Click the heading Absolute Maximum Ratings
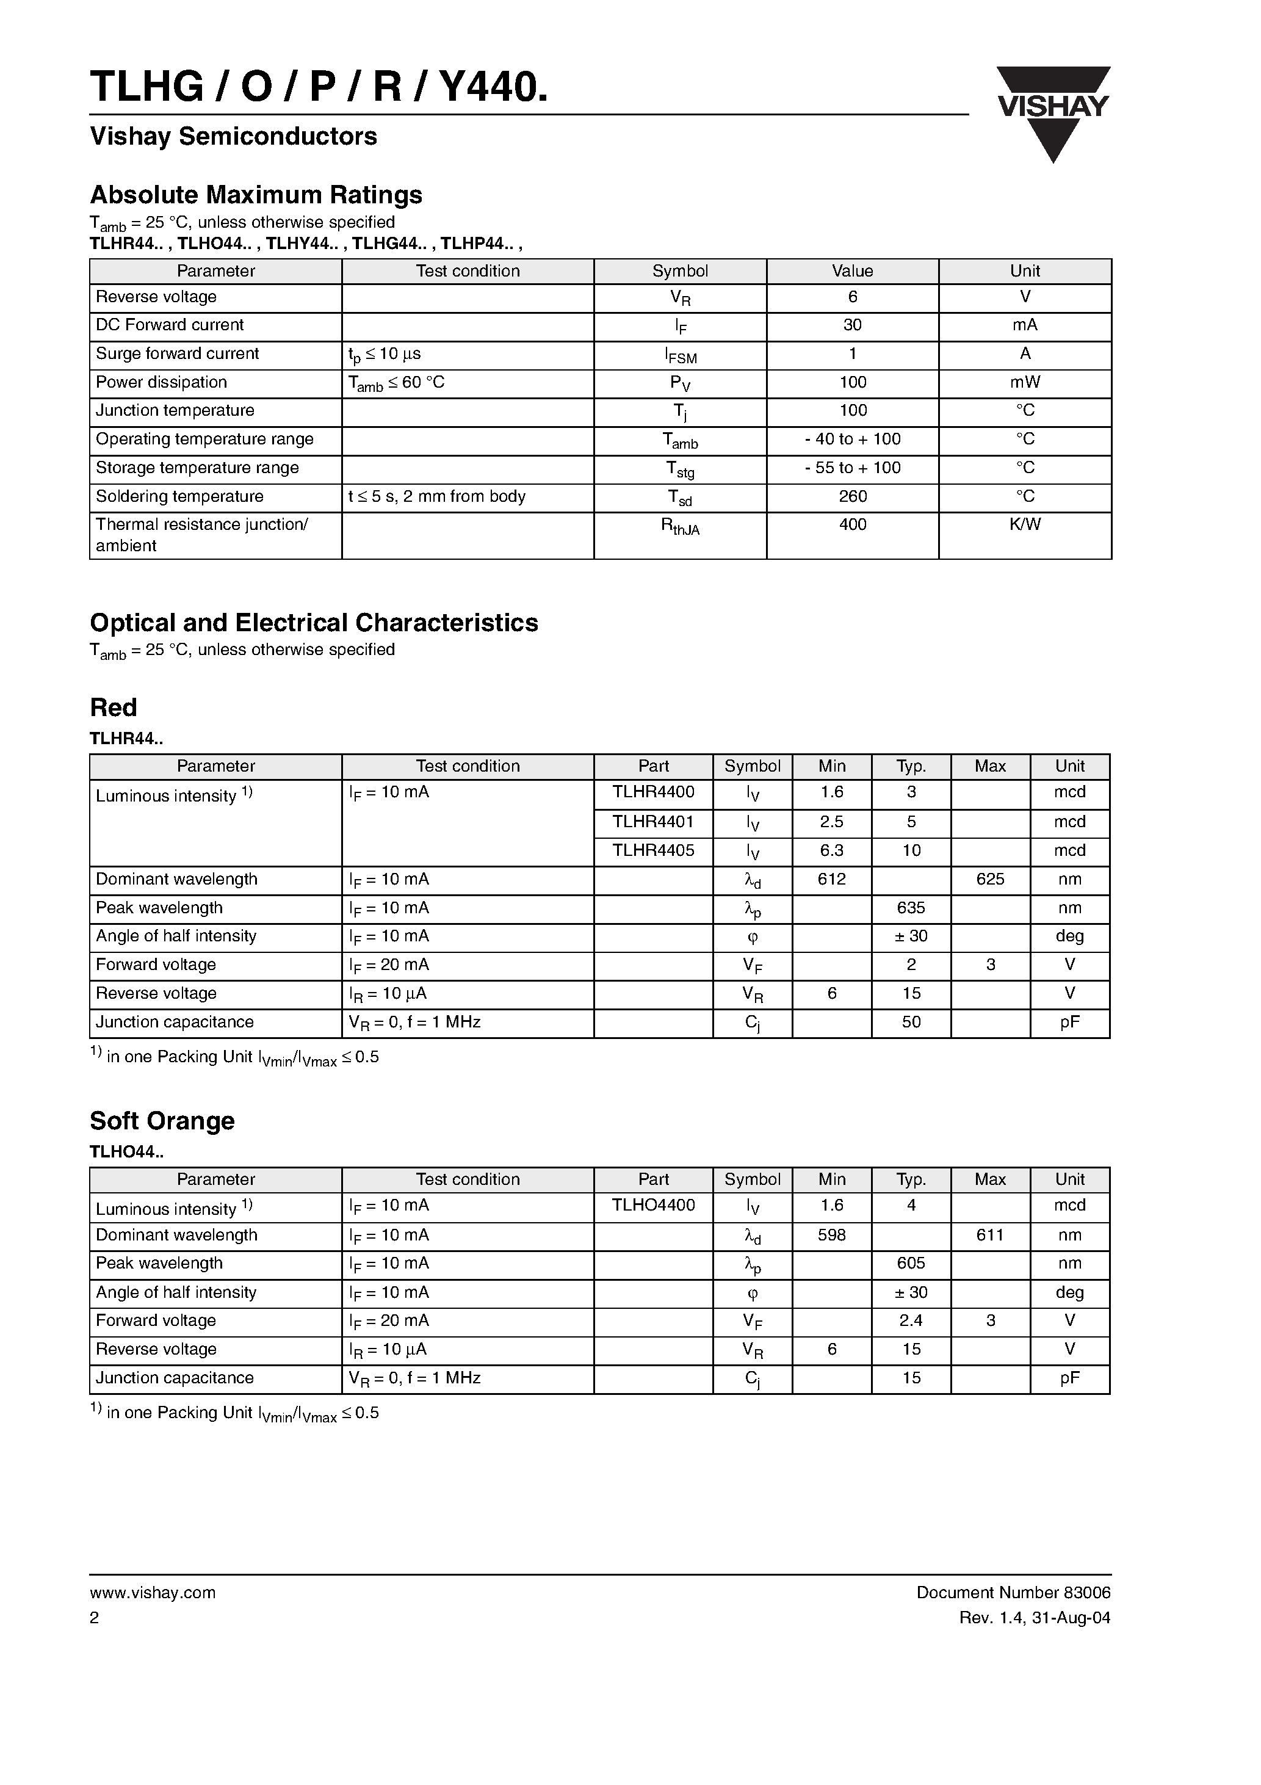pos(256,194)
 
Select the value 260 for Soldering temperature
pos(852,496)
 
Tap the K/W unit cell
pos(1024,525)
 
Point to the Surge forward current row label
pos(177,353)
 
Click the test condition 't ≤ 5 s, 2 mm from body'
pos(437,496)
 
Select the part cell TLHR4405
pos(653,850)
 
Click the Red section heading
pos(114,708)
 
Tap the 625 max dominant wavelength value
pos(989,879)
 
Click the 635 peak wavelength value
pos(911,908)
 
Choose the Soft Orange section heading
pos(162,1120)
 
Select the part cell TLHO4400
pos(653,1205)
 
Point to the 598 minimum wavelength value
pos(831,1234)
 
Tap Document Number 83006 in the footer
pos(1013,1592)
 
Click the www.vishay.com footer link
pos(153,1592)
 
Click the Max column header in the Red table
pos(989,766)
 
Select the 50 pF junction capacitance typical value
pos(911,1023)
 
